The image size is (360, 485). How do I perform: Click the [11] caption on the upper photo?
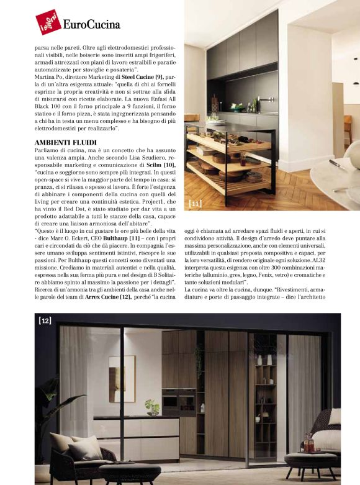point(195,202)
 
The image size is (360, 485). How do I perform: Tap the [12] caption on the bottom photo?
point(45,320)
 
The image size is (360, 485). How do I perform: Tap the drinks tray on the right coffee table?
point(308,445)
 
